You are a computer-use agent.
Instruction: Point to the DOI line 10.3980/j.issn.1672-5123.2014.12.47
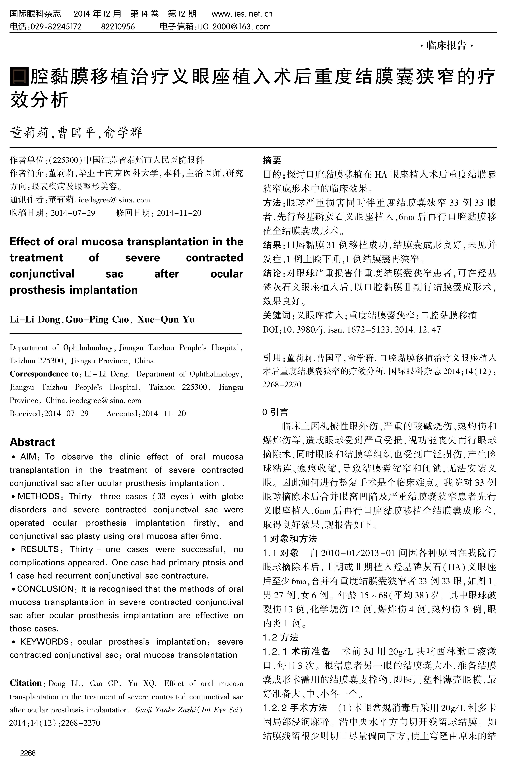(x=352, y=329)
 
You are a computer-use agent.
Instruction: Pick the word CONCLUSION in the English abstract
(x=45, y=589)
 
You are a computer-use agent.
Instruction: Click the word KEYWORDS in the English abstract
(x=45, y=642)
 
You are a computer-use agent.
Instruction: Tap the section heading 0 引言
(x=275, y=412)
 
